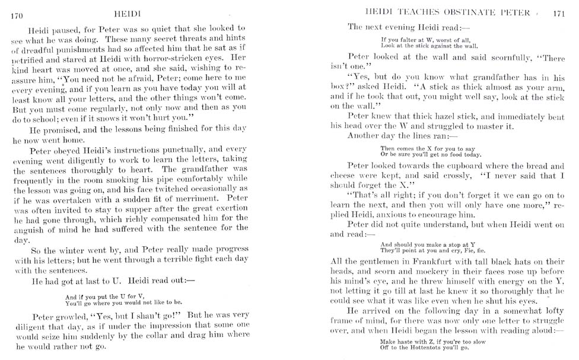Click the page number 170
coord(17,16)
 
